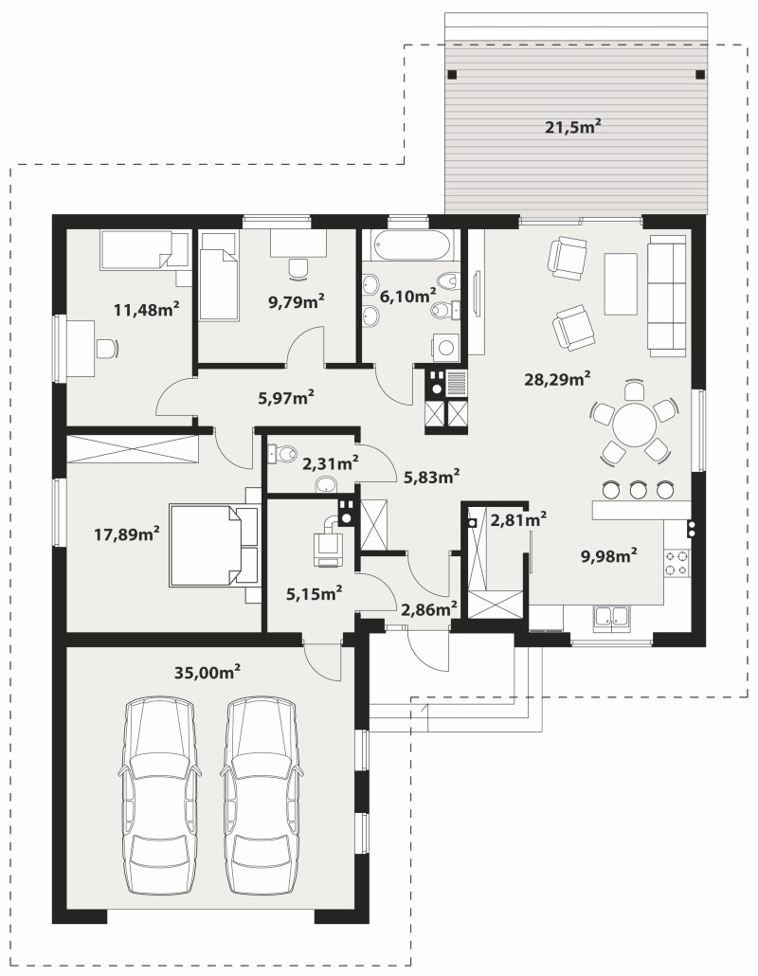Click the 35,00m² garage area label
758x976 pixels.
point(208,672)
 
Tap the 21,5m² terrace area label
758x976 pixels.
point(572,127)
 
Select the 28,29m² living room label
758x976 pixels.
point(557,378)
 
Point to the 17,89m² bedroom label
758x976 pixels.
point(127,533)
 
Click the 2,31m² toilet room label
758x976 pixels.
point(330,463)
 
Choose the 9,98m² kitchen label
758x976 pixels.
point(608,555)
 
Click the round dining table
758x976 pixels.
point(634,425)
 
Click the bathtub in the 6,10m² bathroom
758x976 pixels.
point(409,245)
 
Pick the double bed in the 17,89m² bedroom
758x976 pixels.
point(214,546)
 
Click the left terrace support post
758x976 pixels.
point(452,74)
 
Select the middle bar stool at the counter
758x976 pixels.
point(638,489)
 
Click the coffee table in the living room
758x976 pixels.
point(621,284)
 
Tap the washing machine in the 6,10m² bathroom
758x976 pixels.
point(445,348)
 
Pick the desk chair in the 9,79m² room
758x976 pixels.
point(298,268)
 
